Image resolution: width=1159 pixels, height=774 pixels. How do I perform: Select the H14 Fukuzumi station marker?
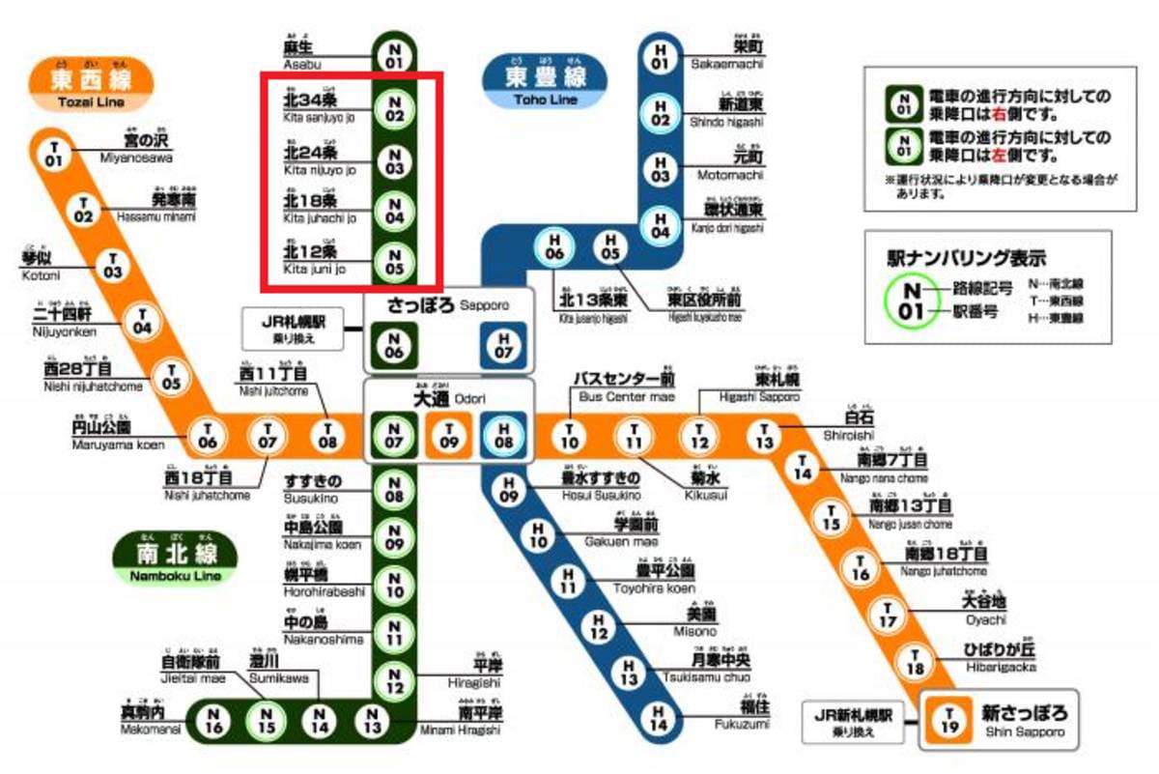(659, 718)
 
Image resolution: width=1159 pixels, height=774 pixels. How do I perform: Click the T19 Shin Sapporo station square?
(949, 721)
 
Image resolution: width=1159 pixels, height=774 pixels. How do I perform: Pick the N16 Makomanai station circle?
(214, 719)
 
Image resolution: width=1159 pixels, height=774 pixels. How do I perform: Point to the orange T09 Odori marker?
(449, 436)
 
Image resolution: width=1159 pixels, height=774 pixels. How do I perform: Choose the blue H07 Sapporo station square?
(502, 346)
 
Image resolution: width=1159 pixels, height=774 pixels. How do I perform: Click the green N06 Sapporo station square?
(394, 346)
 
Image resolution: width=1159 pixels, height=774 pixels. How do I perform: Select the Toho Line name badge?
(544, 80)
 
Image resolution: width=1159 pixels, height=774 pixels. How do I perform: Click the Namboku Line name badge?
(175, 559)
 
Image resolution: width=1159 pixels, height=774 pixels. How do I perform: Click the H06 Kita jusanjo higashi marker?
(554, 246)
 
